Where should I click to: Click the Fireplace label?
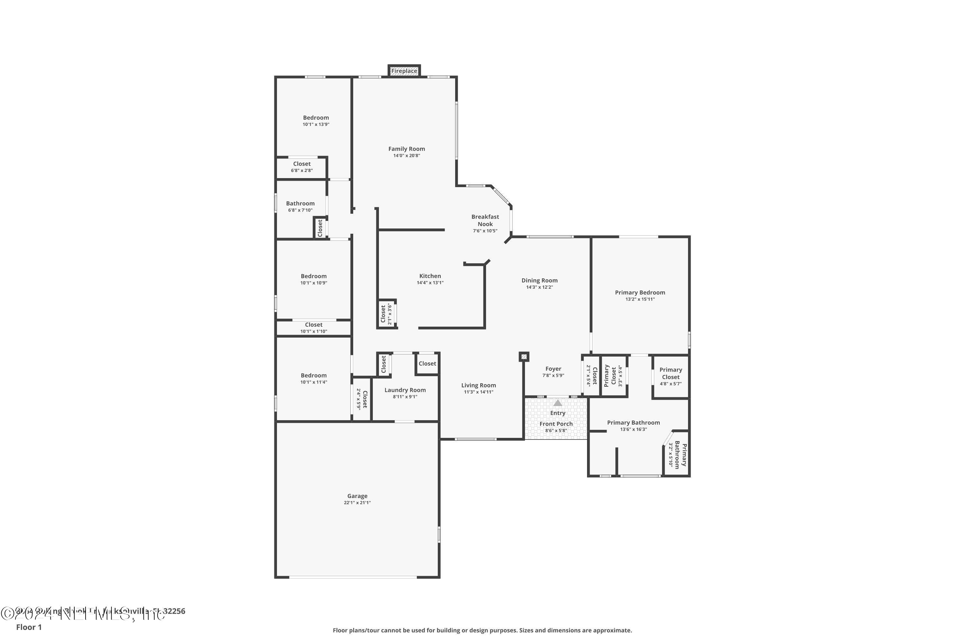(404, 71)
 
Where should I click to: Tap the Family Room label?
(406, 149)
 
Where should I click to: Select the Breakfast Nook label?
(485, 220)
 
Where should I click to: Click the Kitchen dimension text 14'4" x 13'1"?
(430, 283)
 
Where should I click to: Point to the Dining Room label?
(539, 280)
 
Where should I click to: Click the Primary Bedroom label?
(640, 292)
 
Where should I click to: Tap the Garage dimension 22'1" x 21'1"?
(357, 503)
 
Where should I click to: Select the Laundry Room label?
(405, 390)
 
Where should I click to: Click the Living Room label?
(478, 385)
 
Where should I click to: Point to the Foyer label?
(553, 369)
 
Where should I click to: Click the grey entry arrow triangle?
(557, 403)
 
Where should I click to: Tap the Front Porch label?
(556, 424)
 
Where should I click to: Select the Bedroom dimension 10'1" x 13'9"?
(316, 124)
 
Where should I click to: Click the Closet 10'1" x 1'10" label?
(313, 325)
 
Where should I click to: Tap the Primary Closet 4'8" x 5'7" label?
(670, 373)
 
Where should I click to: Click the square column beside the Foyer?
(524, 357)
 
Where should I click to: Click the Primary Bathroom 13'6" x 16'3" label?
(633, 422)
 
